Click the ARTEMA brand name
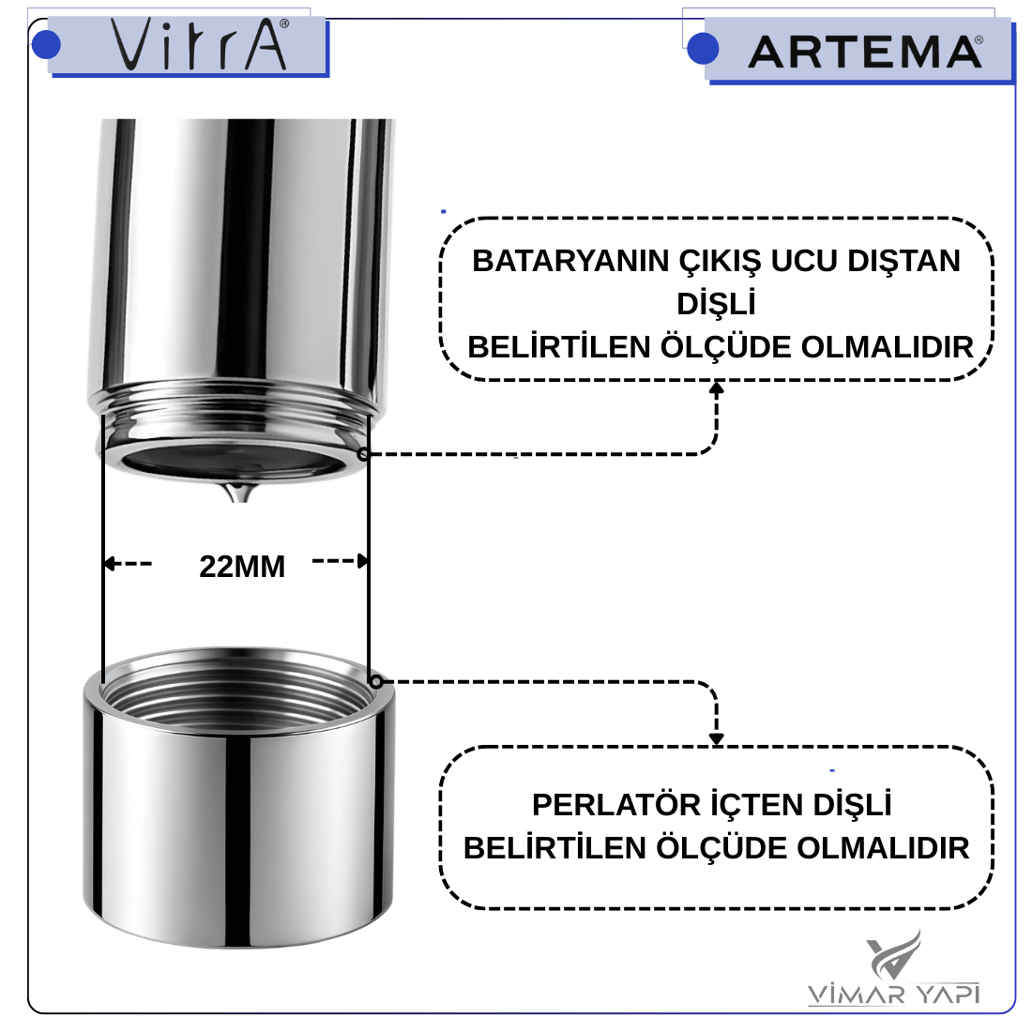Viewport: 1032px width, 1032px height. click(865, 52)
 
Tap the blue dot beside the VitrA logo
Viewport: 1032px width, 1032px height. click(46, 44)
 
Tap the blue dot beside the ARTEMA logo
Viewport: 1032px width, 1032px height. click(703, 49)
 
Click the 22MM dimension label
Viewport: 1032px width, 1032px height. click(242, 567)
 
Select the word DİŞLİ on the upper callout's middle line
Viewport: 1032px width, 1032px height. click(716, 304)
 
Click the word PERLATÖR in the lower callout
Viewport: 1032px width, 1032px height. click(615, 804)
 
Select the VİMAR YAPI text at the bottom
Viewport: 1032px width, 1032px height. click(893, 994)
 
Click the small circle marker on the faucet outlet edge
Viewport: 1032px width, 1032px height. click(363, 453)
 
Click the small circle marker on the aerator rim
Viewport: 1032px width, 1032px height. click(375, 681)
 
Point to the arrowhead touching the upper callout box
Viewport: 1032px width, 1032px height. click(716, 387)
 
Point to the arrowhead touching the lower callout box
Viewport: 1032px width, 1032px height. click(716, 739)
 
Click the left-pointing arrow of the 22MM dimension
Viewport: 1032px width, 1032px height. click(129, 564)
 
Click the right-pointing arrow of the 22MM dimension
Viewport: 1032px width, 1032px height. click(340, 561)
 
